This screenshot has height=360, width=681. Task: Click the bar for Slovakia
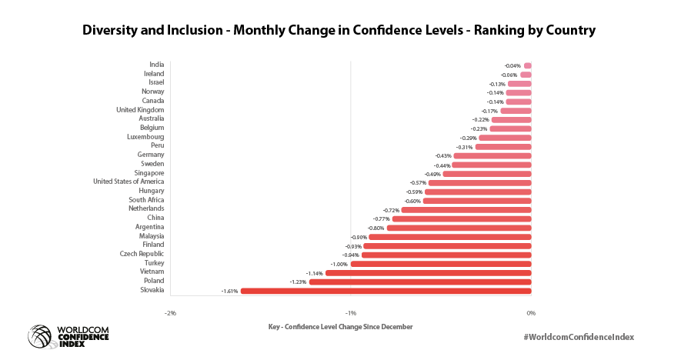[386, 291]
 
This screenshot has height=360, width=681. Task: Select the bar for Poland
[419, 282]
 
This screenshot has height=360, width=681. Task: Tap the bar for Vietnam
[428, 273]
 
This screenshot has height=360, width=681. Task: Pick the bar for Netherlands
[466, 209]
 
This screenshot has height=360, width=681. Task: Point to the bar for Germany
[492, 155]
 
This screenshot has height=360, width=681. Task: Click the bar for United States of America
[479, 182]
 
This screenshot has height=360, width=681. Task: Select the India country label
[156, 65]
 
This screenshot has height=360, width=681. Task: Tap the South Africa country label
[146, 200]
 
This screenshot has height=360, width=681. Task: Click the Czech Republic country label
[142, 254]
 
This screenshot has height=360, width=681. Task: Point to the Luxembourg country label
[145, 137]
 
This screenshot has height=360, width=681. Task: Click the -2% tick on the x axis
[171, 313]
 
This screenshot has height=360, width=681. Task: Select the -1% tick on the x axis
[351, 313]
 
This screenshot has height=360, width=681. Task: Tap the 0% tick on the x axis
[530, 313]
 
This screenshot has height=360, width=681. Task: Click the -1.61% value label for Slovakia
[229, 292]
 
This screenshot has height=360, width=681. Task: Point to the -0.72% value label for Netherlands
[391, 210]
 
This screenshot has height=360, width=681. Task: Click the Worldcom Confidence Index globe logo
[40, 336]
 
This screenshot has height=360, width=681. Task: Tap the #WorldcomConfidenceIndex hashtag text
[582, 337]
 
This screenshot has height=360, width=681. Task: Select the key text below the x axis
[340, 327]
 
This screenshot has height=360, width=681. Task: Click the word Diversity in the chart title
[112, 31]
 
